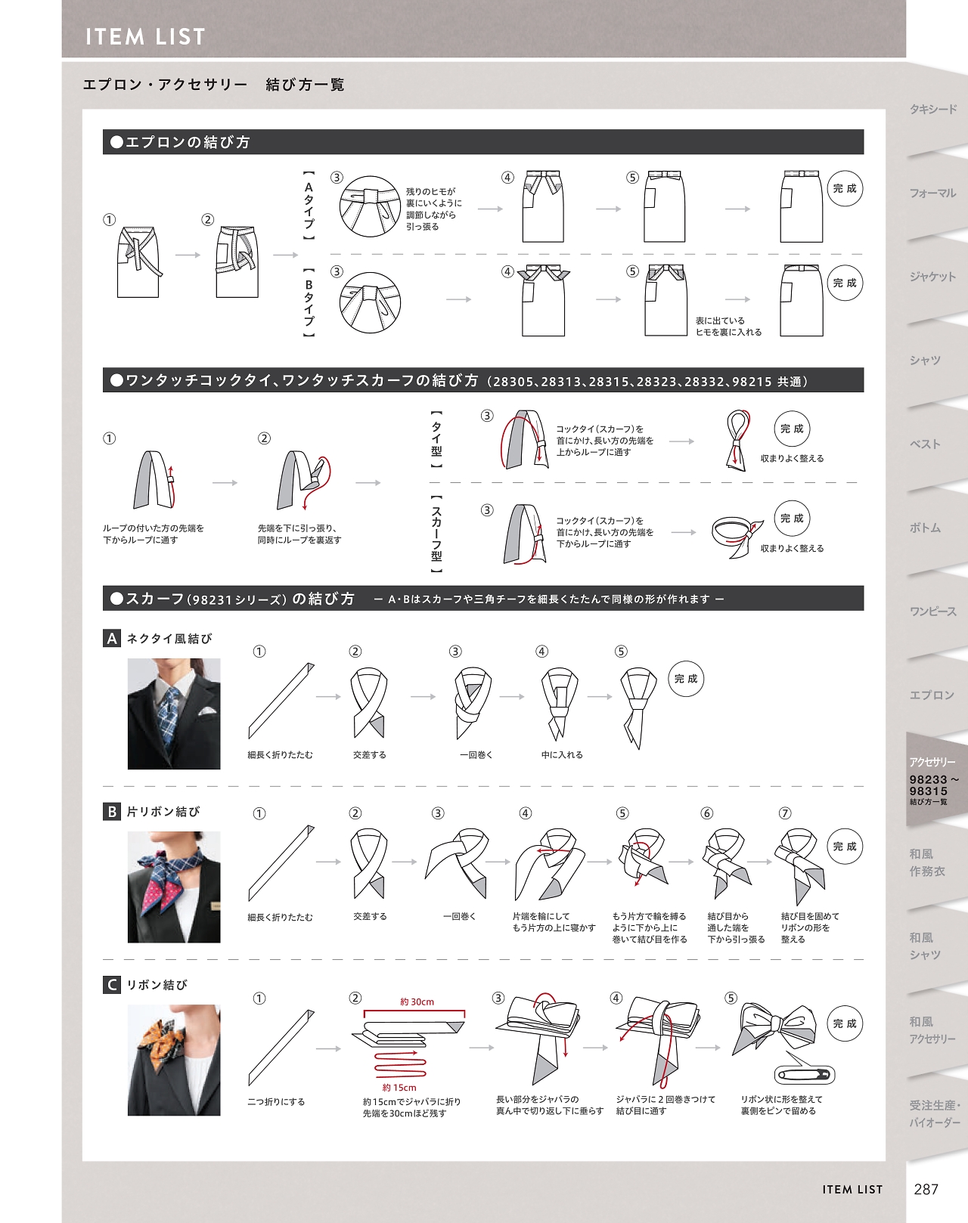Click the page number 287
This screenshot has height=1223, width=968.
(x=926, y=1189)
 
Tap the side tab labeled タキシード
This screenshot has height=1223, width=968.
(x=933, y=109)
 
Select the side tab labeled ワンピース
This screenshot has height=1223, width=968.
(x=933, y=611)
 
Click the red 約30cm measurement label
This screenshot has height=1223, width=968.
(x=417, y=1002)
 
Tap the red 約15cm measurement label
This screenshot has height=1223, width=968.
(x=399, y=1088)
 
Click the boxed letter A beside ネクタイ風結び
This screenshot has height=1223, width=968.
(x=111, y=638)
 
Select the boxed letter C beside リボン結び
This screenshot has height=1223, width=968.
(x=111, y=985)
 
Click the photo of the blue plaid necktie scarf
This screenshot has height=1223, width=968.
(x=173, y=714)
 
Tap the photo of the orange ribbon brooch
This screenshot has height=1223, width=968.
(x=173, y=1060)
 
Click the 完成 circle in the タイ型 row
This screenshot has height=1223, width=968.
(x=792, y=429)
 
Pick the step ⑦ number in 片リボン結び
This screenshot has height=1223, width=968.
(x=785, y=813)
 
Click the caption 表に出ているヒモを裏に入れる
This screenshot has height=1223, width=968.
(x=728, y=327)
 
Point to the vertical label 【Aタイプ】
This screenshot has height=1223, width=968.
(x=309, y=205)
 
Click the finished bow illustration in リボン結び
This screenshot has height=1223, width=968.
(x=775, y=1028)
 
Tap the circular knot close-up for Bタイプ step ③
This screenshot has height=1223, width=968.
(x=371, y=302)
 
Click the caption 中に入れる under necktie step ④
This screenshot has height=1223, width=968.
(x=562, y=754)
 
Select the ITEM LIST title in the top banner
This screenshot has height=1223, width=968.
(x=145, y=37)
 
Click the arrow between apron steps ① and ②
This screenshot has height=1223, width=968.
(x=188, y=255)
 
